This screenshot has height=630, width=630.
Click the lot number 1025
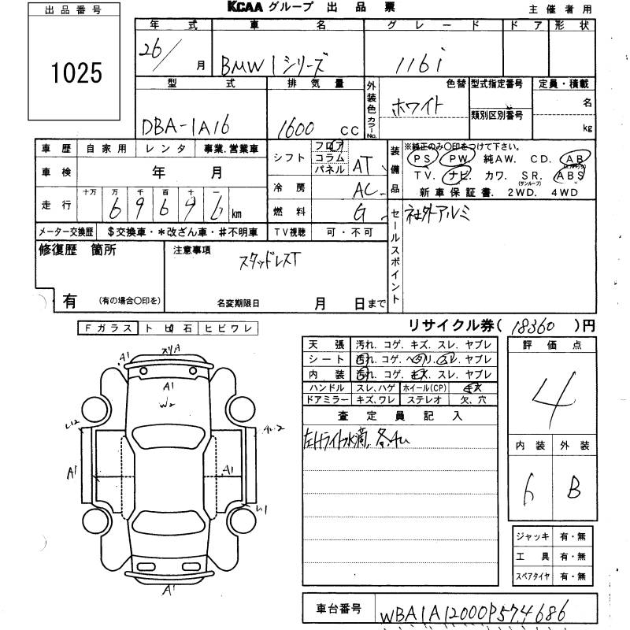(x=75, y=73)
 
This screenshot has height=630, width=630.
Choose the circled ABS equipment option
(x=569, y=176)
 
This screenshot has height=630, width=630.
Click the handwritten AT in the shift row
(x=361, y=166)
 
